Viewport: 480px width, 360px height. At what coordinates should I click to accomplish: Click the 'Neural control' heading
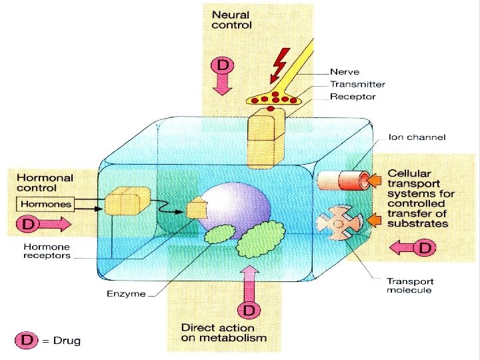click(x=231, y=19)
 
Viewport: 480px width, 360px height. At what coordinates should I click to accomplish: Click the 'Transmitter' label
click(x=357, y=84)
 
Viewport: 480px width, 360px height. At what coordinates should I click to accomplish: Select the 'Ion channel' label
click(x=417, y=137)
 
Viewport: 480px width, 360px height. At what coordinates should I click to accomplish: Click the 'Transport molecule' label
click(x=409, y=285)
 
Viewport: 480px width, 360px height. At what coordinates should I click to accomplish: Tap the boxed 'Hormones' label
click(x=45, y=203)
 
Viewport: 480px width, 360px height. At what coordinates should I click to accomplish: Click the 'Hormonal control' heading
click(x=45, y=183)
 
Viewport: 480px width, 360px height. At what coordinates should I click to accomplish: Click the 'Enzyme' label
click(x=126, y=294)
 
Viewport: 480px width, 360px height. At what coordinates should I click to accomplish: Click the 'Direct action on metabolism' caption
click(x=223, y=333)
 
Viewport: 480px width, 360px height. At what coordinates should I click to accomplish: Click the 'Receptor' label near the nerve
click(x=353, y=97)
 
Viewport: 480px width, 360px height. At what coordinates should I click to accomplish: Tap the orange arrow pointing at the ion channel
click(x=374, y=179)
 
